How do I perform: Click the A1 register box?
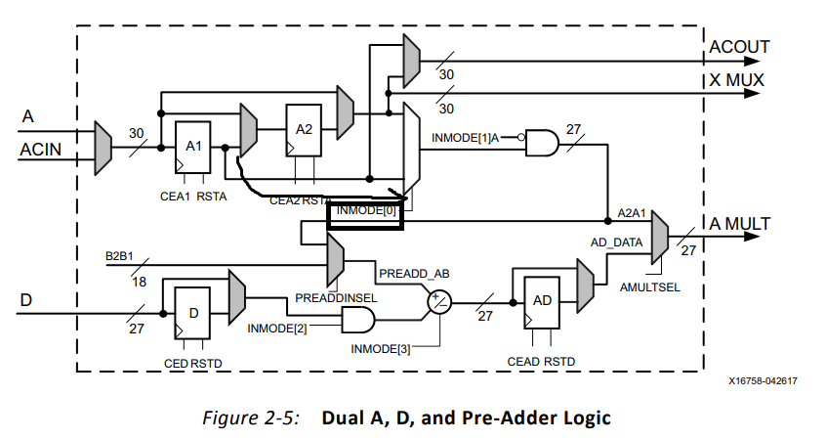coord(192,145)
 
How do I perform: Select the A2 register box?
coord(303,128)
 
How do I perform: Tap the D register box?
coord(192,313)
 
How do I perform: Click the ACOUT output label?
coord(738,47)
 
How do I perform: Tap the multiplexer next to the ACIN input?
coord(103,149)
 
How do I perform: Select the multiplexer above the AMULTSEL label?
coord(659,238)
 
